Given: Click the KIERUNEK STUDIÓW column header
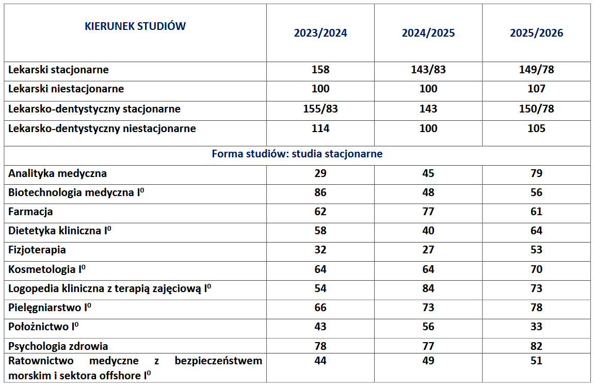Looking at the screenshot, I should point(135,26).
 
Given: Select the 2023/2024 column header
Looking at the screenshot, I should point(320,33).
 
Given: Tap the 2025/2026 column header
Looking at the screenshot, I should point(537,33).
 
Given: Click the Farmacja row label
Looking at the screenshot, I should point(30,212).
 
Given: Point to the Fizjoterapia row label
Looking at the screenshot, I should point(37,250).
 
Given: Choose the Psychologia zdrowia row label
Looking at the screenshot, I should point(58,346).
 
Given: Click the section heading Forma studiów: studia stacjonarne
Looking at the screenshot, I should point(297,154).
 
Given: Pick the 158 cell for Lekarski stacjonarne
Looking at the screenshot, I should point(320,70).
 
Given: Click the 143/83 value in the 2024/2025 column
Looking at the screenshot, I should point(428,70).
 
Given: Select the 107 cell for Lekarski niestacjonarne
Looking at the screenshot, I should point(537,89).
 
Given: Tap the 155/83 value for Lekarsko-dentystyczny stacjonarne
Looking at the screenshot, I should point(320,109).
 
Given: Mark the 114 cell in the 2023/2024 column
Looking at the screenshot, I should point(320,128).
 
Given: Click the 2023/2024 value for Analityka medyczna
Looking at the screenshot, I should point(320,173).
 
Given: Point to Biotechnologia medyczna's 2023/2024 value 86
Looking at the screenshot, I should point(320,192).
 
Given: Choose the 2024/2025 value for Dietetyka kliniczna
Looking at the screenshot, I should point(428,231).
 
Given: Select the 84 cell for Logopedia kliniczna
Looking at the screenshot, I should point(428,288).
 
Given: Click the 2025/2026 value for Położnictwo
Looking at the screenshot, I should point(537,327).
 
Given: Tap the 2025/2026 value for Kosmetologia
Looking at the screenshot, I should point(537,269).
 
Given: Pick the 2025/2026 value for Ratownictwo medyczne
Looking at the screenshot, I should point(537,360).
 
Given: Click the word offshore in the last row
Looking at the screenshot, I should point(121,375).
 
